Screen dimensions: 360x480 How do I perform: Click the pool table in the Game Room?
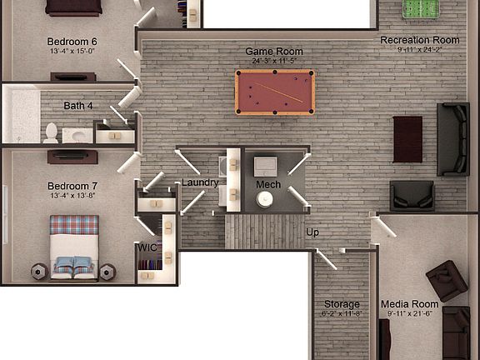[x=274, y=92]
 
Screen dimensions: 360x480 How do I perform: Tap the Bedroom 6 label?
[x=72, y=42]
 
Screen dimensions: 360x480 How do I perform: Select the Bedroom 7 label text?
[x=72, y=186]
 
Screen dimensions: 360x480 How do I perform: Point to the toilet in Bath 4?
[x=52, y=132]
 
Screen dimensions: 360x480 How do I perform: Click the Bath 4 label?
[x=78, y=106]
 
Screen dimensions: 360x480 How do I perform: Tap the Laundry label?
[x=200, y=182]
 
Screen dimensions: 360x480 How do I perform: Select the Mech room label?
[x=267, y=184]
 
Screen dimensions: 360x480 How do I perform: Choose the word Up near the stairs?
[x=312, y=232]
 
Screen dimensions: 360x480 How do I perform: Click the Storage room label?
[x=342, y=304]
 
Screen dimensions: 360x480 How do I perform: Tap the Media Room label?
[x=409, y=304]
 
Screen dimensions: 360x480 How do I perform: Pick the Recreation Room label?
[x=420, y=40]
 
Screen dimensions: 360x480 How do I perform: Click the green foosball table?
[x=420, y=9]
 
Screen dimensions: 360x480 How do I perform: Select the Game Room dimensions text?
[x=273, y=61]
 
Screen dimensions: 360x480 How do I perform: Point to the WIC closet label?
[x=147, y=247]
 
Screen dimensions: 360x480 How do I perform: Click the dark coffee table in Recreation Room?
[x=407, y=138]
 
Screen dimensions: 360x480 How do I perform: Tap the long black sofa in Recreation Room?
[x=452, y=139]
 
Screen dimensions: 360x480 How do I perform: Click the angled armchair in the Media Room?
[x=446, y=280]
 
